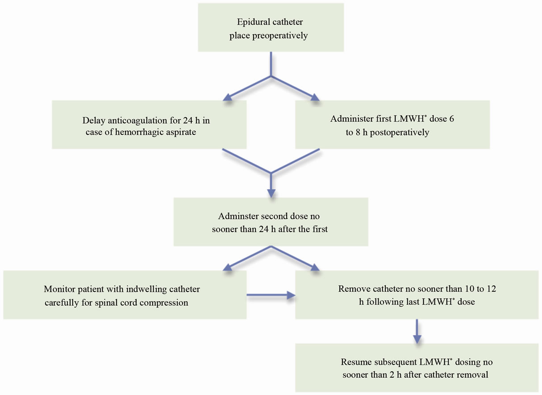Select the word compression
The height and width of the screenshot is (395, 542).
point(164,303)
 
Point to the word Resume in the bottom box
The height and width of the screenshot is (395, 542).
point(355,362)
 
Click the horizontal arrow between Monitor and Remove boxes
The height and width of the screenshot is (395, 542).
point(271,295)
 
